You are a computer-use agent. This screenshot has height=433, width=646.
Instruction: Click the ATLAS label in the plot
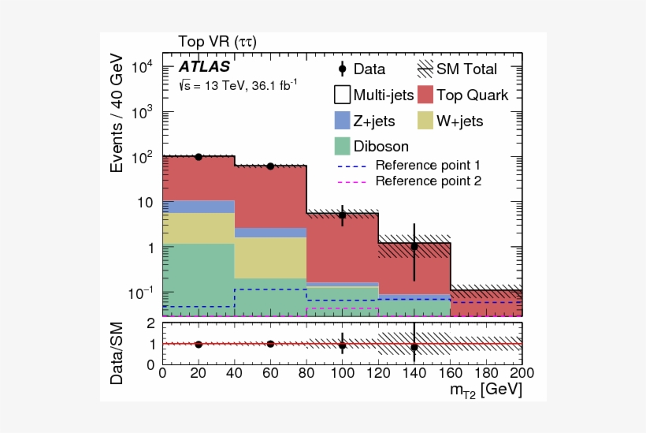(x=204, y=67)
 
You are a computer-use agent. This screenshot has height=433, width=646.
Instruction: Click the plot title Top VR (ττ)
(x=217, y=41)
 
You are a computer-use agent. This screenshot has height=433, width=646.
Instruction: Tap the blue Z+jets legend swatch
(x=342, y=121)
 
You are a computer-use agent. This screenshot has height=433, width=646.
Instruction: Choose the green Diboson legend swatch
(x=342, y=146)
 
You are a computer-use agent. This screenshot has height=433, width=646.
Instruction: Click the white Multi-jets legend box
(x=342, y=95)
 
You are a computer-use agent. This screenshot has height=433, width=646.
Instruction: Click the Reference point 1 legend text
(x=428, y=166)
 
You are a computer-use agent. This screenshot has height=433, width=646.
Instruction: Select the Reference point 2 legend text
(x=428, y=181)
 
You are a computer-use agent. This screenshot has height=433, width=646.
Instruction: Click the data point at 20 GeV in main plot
(x=199, y=157)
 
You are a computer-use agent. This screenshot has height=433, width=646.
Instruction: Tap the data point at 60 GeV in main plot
(x=270, y=166)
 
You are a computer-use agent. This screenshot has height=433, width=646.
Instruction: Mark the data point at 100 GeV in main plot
(x=342, y=215)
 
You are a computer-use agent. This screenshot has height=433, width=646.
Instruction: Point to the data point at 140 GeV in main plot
(x=414, y=246)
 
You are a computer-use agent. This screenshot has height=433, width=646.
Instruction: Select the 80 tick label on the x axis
(x=306, y=371)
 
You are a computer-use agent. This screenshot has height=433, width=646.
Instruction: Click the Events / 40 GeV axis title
(x=117, y=114)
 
